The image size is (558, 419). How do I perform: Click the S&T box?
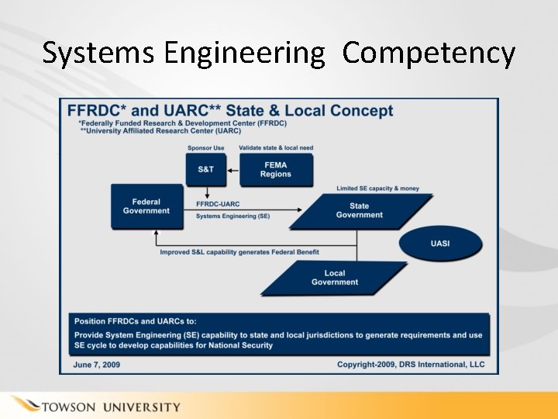[x=205, y=169]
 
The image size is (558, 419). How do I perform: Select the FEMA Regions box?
[x=276, y=169]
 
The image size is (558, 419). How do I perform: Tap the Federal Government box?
[x=146, y=206]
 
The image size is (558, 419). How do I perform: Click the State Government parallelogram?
[x=360, y=210]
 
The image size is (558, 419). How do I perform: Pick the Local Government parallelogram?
[x=335, y=278]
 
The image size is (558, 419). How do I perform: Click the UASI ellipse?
[x=440, y=244]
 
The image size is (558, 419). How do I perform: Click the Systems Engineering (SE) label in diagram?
[x=232, y=216]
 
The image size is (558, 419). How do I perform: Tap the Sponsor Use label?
[x=206, y=147]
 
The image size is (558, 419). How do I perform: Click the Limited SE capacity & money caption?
[x=378, y=189]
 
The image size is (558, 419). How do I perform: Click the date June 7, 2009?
[x=97, y=364]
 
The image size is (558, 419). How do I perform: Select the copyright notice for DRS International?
[x=411, y=364]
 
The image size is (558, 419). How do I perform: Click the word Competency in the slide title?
[x=429, y=53]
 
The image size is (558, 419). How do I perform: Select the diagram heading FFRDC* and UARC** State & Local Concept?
[x=230, y=110]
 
